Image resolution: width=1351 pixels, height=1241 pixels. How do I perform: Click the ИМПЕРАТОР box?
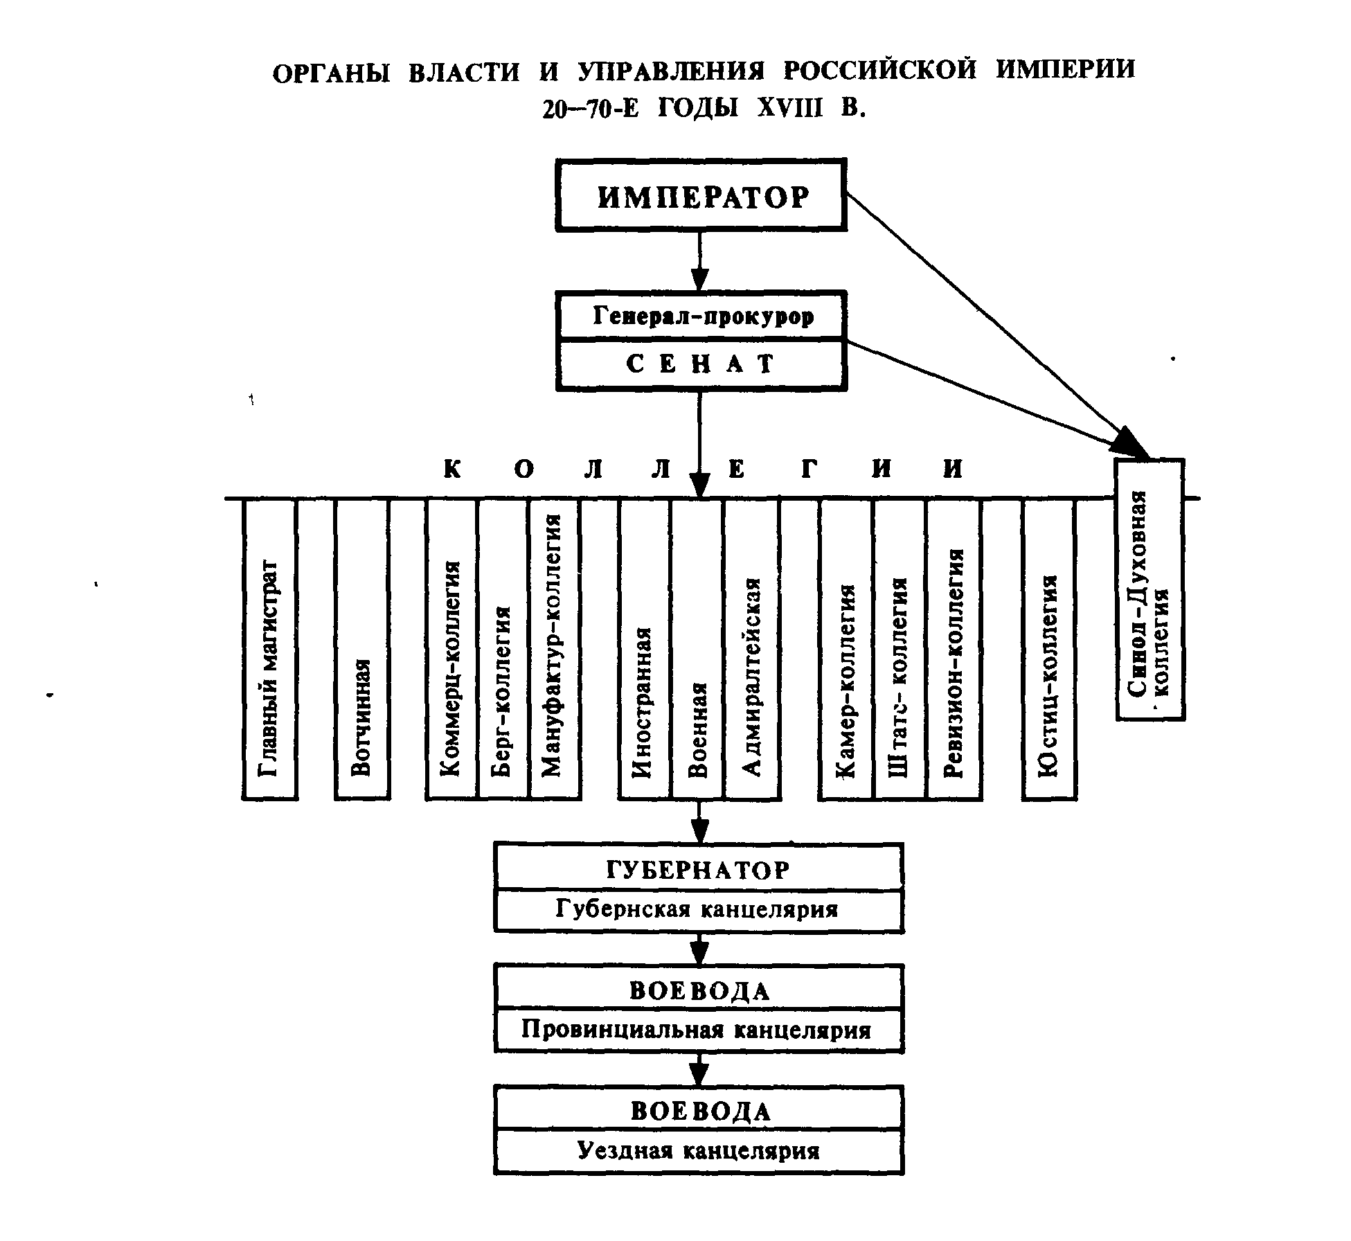tap(701, 195)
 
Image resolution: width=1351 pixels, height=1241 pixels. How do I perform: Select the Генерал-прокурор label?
tap(702, 316)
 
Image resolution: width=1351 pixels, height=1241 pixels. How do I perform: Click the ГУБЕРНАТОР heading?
tap(699, 870)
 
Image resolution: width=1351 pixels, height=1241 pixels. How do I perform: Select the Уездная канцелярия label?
tap(699, 1151)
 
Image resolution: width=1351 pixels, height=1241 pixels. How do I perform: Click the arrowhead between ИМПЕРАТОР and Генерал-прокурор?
tap(699, 278)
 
